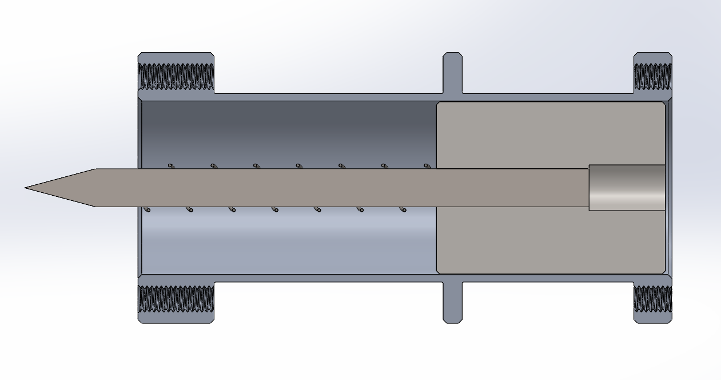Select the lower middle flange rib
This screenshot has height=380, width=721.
[x=452, y=302]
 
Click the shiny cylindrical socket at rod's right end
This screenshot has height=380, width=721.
[x=627, y=187]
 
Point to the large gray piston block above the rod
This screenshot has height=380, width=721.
[x=549, y=134]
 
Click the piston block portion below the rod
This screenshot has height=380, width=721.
[x=549, y=240]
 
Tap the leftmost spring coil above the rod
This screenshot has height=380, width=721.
[x=171, y=166]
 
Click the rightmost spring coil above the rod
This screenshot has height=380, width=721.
[x=427, y=166]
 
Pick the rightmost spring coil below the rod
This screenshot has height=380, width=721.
[x=404, y=209]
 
